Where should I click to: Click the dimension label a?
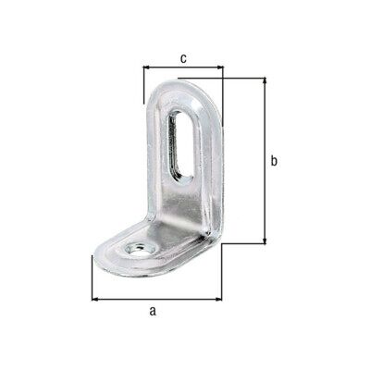(x=153, y=311)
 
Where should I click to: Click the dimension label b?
(x=274, y=161)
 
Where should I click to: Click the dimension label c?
(x=183, y=58)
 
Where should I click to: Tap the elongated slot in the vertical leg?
(x=180, y=145)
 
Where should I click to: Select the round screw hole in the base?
(x=141, y=249)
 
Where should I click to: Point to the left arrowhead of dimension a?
(x=95, y=299)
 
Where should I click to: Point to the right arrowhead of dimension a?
(x=218, y=299)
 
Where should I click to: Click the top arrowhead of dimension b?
(x=265, y=81)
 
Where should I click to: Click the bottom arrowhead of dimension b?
(x=265, y=240)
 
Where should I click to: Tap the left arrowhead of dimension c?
(x=147, y=68)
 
